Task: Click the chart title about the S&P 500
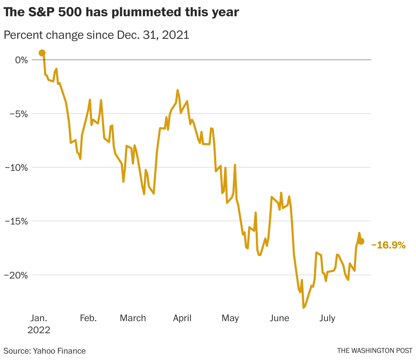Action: pos(121,13)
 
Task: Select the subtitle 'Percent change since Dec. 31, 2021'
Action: pos(96,35)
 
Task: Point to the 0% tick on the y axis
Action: pos(21,60)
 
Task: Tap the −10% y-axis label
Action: pos(16,167)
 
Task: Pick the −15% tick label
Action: pos(16,221)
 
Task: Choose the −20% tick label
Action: pos(16,275)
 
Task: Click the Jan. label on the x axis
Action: pos(38,318)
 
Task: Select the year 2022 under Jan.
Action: pos(39,330)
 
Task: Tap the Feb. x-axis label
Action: pos(88,318)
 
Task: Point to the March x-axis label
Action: pos(133,318)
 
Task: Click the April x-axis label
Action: pos(182,318)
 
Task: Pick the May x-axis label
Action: pos(230,318)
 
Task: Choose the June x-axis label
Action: pos(279,318)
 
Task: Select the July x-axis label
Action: pos(327,318)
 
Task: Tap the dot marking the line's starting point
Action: pos(42,53)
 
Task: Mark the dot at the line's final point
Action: pos(361,241)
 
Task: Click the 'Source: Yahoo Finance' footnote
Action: pos(45,351)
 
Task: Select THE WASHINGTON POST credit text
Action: pos(375,351)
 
